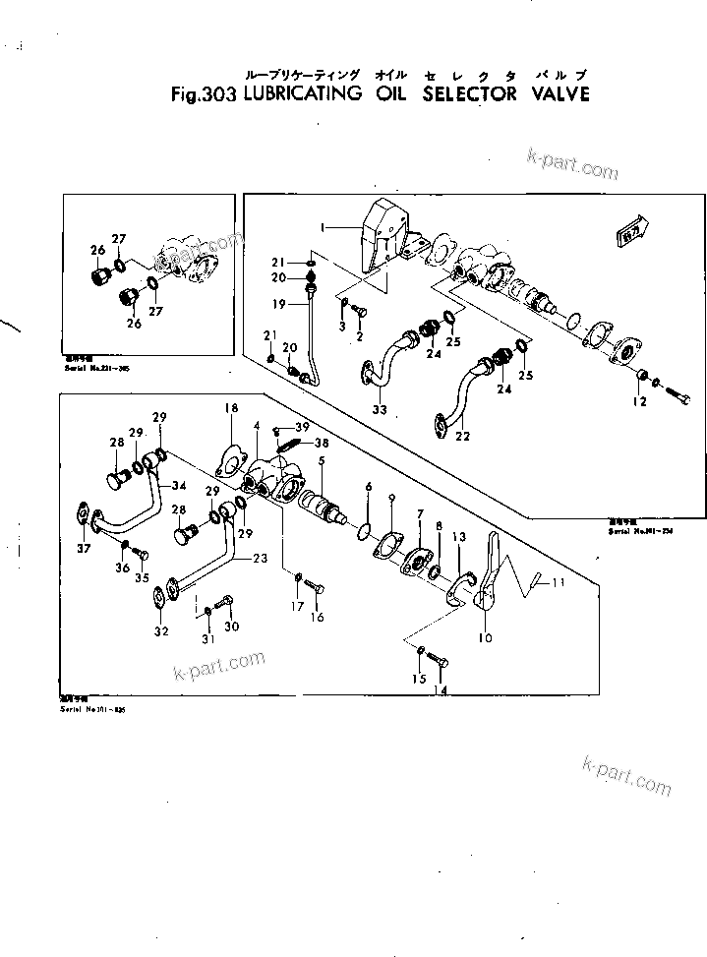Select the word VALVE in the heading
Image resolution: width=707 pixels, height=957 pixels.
[x=554, y=95]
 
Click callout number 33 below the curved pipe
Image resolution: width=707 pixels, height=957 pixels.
[x=380, y=408]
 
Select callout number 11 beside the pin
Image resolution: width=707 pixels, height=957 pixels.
[x=559, y=583]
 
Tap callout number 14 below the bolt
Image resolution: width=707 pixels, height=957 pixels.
[x=440, y=691]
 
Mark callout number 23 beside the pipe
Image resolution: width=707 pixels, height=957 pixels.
[x=260, y=558]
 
